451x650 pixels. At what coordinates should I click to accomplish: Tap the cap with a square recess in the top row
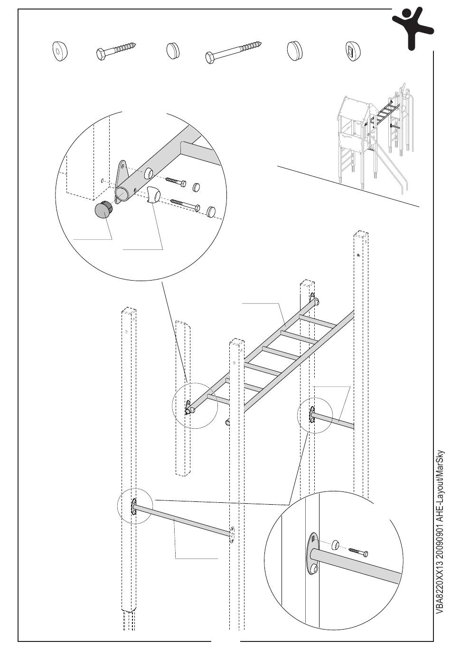click(x=352, y=51)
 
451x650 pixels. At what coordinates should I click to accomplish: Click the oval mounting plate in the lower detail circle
click(x=313, y=554)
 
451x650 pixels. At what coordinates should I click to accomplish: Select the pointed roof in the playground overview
click(x=353, y=108)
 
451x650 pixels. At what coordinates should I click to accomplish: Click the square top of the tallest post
click(x=360, y=236)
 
